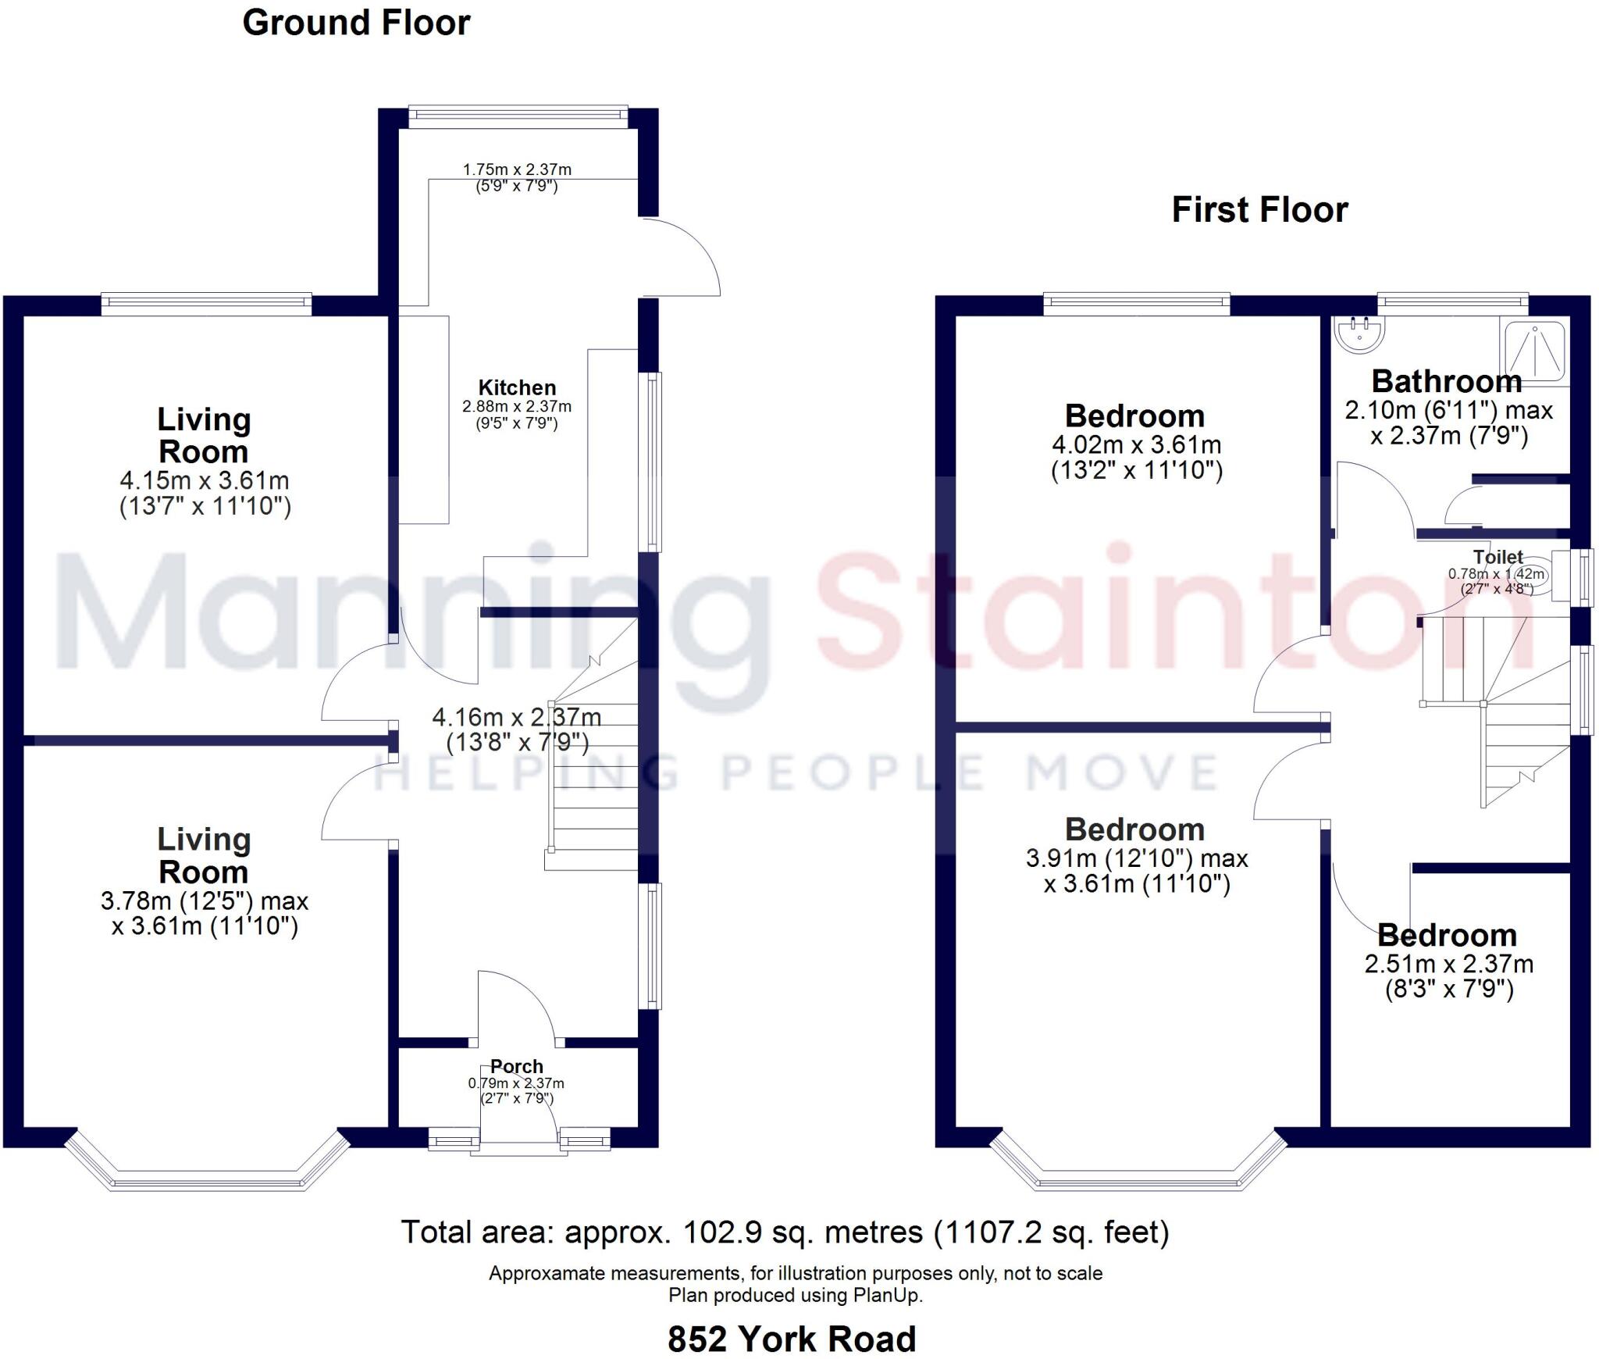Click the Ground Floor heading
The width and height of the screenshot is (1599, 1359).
point(356,23)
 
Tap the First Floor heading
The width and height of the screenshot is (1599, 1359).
point(1259,210)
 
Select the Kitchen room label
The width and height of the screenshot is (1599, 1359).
point(517,387)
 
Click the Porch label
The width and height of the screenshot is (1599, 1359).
point(516,1066)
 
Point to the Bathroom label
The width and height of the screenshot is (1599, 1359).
point(1447,382)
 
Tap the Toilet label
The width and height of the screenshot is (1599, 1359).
point(1498,557)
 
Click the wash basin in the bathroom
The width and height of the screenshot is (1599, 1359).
point(1359,334)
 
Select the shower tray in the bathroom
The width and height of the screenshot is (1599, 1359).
point(1534,351)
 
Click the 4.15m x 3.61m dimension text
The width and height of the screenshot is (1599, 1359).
point(205,480)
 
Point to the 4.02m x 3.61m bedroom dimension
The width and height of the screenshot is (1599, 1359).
point(1136,445)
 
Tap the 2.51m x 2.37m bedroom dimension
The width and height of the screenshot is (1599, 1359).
point(1448,964)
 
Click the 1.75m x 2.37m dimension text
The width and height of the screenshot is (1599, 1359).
point(517,169)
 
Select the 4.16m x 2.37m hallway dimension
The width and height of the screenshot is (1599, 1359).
point(517,716)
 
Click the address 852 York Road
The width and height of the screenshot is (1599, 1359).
point(791,1339)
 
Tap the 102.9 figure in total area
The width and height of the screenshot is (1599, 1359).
point(710,1232)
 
